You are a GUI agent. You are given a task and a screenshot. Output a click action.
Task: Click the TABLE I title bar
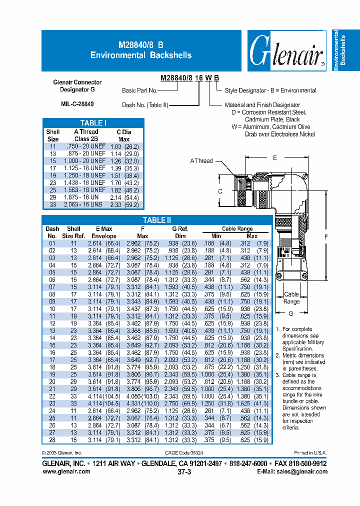93,123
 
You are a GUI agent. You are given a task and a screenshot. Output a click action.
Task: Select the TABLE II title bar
156,220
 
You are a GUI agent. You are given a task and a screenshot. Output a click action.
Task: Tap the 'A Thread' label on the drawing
201,161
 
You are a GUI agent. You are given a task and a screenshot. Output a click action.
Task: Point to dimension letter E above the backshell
274,157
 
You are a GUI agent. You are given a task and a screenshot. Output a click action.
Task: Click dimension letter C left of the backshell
220,191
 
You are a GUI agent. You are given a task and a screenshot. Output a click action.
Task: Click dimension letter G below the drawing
291,313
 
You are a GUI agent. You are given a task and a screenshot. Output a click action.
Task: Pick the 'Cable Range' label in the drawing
291,298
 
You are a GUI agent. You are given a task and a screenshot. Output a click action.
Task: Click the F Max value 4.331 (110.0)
142,402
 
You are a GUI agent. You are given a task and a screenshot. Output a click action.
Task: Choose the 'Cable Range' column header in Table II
237,228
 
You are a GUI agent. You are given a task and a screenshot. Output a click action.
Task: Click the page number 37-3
183,471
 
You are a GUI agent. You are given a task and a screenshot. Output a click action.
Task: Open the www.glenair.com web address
66,471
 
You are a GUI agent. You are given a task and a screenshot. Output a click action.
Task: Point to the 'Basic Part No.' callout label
139,90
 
